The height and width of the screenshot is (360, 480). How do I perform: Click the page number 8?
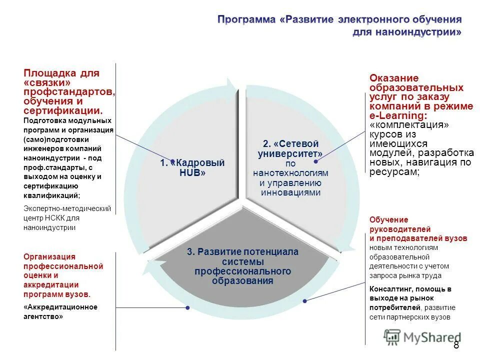tap(456, 345)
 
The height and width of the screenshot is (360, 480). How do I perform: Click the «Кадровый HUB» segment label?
tap(192, 167)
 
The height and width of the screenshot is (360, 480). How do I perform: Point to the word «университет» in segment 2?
tap(290, 154)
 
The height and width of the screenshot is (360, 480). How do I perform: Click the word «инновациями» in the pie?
tap(290, 192)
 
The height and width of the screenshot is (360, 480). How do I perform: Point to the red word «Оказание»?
tap(394, 78)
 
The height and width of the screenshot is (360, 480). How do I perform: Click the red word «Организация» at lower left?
tap(49, 257)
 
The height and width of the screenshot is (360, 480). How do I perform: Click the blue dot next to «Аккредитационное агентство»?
tap(186, 306)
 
